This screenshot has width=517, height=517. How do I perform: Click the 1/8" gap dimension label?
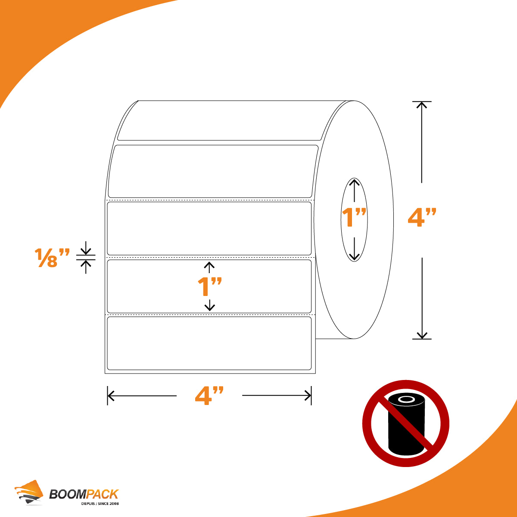[x=52, y=258]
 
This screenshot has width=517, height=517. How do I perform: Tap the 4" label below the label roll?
[x=209, y=396]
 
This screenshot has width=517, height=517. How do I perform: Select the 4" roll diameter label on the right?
[x=422, y=217]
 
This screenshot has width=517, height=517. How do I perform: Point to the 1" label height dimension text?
[x=209, y=287]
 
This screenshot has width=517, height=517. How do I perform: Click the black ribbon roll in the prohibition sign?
[x=406, y=424]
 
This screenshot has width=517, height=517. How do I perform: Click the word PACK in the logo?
[x=102, y=494]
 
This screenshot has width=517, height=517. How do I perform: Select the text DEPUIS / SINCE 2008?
[x=100, y=504]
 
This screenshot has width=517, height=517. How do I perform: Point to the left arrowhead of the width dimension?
[x=111, y=396]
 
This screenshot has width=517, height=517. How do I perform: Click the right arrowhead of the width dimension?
[x=308, y=396]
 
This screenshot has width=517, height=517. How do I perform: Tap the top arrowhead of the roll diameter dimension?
[x=421, y=105]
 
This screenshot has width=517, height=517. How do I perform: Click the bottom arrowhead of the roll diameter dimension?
[x=422, y=336]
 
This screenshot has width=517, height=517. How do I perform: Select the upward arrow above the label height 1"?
[x=209, y=268]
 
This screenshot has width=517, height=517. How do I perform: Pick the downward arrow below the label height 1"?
[x=209, y=305]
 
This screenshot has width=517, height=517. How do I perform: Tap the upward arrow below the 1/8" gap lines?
[x=86, y=267]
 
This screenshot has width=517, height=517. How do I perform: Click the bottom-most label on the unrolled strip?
[x=209, y=343]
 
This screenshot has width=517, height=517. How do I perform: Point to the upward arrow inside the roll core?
[x=355, y=190]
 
